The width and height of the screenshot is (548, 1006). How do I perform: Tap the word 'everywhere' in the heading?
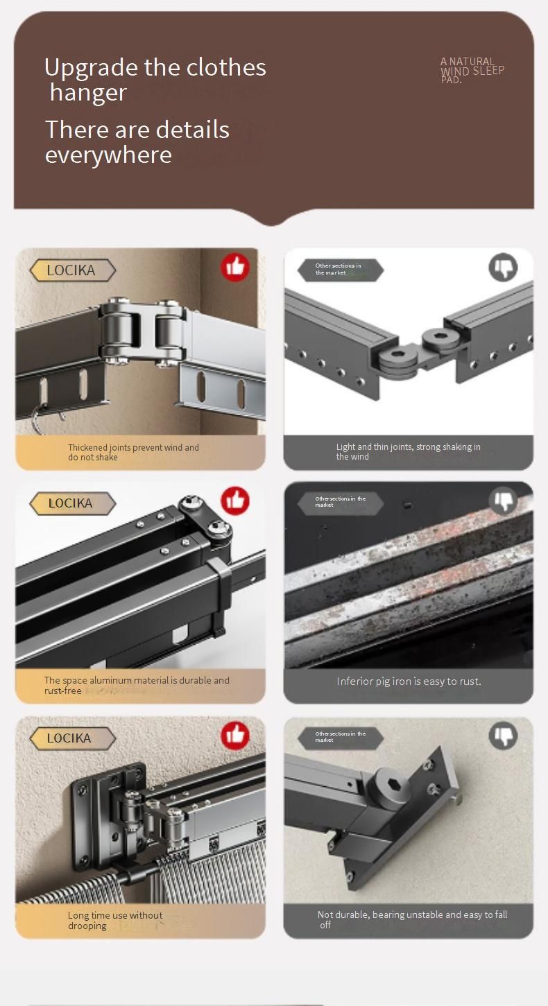pyautogui.click(x=108, y=155)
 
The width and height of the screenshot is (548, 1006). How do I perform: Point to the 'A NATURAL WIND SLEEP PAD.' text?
pyautogui.click(x=472, y=70)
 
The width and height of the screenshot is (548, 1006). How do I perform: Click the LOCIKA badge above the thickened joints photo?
pyautogui.click(x=72, y=270)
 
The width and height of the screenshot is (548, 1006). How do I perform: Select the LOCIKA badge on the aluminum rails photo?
pyautogui.click(x=72, y=503)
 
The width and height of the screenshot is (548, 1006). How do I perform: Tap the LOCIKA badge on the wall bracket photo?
pyautogui.click(x=72, y=738)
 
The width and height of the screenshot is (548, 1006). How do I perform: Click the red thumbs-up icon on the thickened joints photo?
pyautogui.click(x=235, y=267)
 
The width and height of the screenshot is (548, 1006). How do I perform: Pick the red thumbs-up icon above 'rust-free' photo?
pyautogui.click(x=235, y=501)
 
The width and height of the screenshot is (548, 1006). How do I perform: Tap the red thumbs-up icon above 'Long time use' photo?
pyautogui.click(x=235, y=735)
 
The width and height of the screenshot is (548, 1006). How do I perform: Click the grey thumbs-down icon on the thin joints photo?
pyautogui.click(x=503, y=267)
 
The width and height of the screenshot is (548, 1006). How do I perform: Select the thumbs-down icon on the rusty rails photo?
pyautogui.click(x=503, y=501)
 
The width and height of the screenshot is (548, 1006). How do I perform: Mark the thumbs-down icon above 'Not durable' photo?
pyautogui.click(x=503, y=736)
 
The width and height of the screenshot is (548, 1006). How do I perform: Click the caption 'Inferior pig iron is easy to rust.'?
pyautogui.click(x=409, y=682)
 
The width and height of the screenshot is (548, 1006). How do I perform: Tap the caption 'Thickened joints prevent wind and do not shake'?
pyautogui.click(x=133, y=452)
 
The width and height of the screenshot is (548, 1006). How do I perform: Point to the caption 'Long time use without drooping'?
pyautogui.click(x=115, y=920)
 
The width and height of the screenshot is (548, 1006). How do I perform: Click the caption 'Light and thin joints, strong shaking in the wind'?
pyautogui.click(x=409, y=451)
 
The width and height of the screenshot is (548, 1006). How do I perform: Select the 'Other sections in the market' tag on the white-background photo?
pyautogui.click(x=341, y=270)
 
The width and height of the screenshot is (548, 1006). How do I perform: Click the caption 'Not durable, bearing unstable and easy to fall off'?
pyautogui.click(x=412, y=919)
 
